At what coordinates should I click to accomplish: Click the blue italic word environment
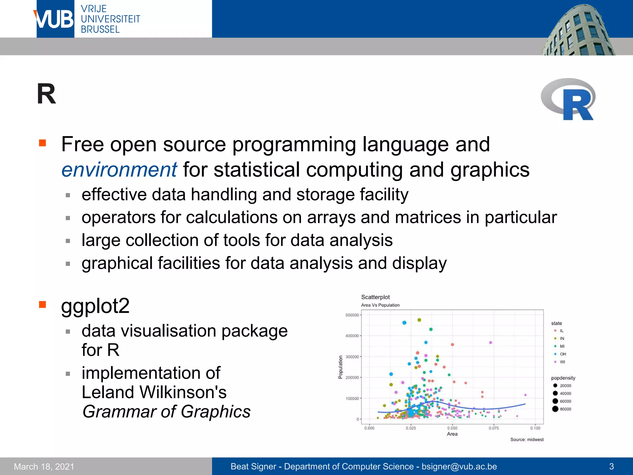(119, 170)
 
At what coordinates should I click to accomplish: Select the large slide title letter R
(46, 94)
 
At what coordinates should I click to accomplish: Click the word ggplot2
(95, 306)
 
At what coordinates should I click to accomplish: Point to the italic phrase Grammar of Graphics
(166, 412)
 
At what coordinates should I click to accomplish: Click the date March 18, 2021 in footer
(44, 466)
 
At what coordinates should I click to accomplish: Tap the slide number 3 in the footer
(611, 466)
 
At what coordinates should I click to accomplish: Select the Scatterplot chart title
(375, 297)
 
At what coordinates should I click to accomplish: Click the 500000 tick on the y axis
(352, 315)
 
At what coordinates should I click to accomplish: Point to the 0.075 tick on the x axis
(494, 428)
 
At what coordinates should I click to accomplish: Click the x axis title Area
(452, 434)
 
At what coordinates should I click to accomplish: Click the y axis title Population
(340, 367)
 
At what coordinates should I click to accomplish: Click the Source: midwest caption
(527, 439)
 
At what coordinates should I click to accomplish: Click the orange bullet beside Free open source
(42, 143)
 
